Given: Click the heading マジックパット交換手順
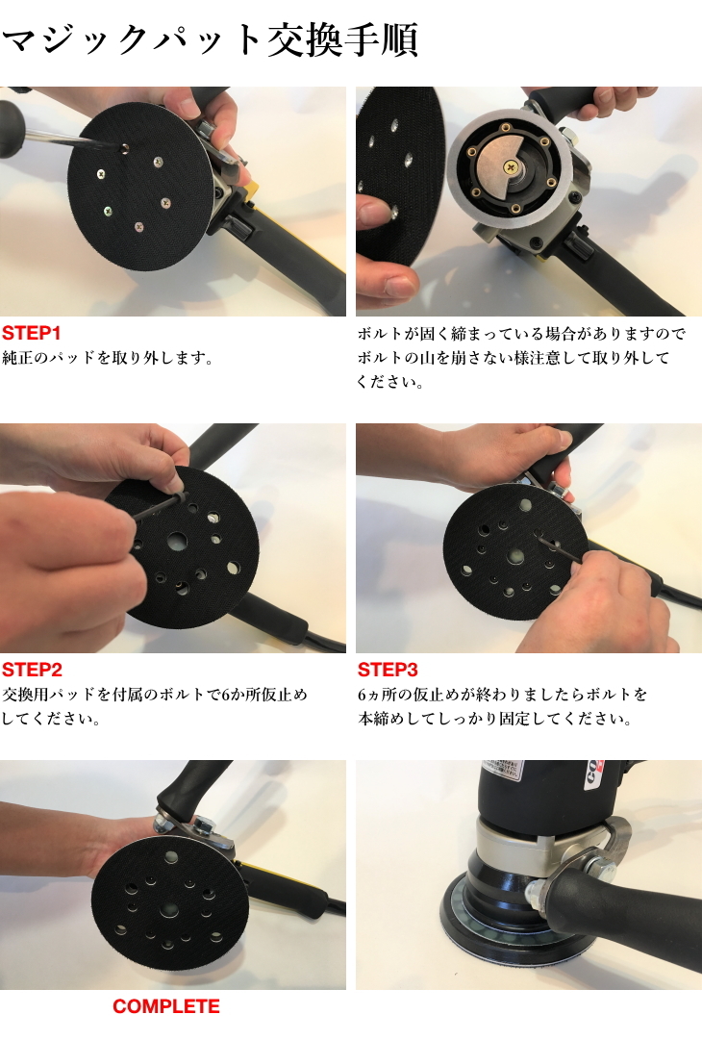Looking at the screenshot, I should click(210, 43).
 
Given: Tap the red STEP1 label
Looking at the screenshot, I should click(32, 334).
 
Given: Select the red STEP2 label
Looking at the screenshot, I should click(32, 670).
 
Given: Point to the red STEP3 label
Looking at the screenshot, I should click(388, 670).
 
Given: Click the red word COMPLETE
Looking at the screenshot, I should click(165, 1006).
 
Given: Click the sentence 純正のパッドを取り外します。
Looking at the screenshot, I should click(107, 358).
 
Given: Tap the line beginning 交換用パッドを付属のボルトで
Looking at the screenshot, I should click(155, 695).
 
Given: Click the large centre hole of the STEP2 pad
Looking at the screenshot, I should click(179, 541).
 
